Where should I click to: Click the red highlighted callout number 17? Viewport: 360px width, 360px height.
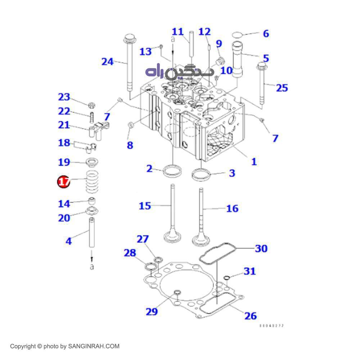(x=64, y=182)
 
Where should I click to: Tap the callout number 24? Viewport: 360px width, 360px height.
(x=107, y=62)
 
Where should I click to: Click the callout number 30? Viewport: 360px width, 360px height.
(x=261, y=248)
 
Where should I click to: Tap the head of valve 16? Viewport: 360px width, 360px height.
(x=201, y=239)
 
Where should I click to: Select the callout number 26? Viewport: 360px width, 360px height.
(x=251, y=316)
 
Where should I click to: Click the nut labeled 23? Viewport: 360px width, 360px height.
(x=92, y=105)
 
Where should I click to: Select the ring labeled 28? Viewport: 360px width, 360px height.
(x=149, y=267)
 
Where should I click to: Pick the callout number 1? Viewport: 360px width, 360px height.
(x=254, y=162)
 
